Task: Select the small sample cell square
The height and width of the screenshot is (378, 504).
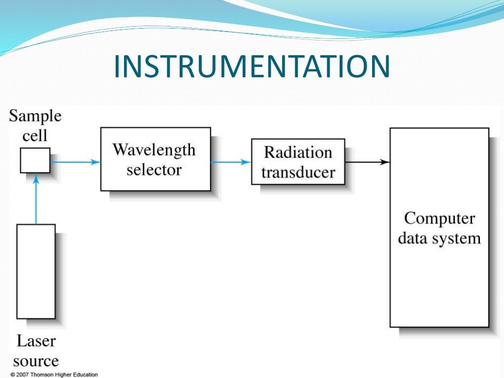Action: click(35, 160)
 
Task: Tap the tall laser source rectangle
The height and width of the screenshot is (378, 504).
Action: click(36, 271)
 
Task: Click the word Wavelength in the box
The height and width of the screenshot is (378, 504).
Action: click(154, 150)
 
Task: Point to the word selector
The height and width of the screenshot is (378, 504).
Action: click(154, 170)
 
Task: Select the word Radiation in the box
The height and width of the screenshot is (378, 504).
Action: click(298, 152)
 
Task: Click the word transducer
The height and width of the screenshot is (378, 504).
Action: click(298, 172)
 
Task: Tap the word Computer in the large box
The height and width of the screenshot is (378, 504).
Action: click(439, 219)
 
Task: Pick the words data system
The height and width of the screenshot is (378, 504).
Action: click(439, 239)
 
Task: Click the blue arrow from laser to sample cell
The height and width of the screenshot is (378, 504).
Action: click(35, 199)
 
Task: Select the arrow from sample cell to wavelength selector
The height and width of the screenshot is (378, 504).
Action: click(75, 161)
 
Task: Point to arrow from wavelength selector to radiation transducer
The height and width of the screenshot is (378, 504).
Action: click(230, 161)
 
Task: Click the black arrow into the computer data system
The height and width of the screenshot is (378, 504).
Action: click(367, 161)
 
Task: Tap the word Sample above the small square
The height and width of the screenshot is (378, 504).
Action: click(35, 117)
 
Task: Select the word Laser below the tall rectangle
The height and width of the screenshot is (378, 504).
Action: click(36, 341)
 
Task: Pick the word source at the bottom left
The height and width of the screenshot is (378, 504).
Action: click(36, 361)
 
